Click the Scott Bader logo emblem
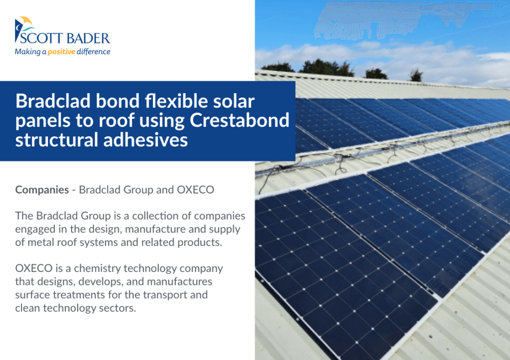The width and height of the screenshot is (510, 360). coord(23,28)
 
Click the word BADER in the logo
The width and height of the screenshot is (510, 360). coord(89,38)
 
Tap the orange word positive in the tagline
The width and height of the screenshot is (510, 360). coord(61,52)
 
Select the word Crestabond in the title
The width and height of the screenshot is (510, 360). coord(240,120)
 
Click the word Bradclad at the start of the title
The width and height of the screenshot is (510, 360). coord(53,101)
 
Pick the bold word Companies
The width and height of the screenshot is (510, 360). coord(42,190)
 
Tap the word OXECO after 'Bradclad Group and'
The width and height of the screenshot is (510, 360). coord(195,190)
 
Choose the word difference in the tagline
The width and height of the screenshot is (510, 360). coord(94,52)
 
